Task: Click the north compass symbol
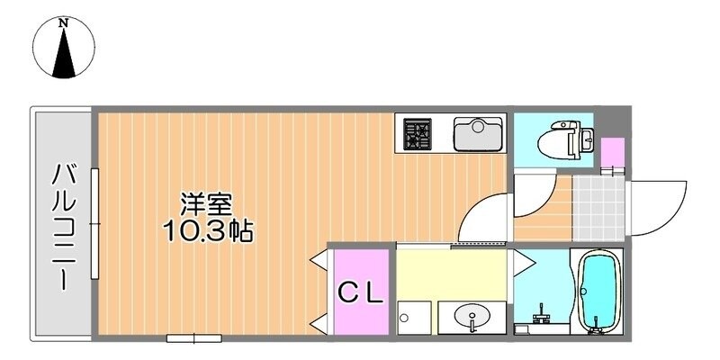tap(65, 49)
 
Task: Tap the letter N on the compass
tap(65, 23)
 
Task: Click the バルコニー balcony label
tap(62, 225)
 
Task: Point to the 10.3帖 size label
tap(207, 232)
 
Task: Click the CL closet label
tap(361, 292)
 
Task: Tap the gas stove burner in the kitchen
tap(417, 134)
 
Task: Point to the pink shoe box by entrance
tap(612, 152)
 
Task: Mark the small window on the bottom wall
tap(193, 337)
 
